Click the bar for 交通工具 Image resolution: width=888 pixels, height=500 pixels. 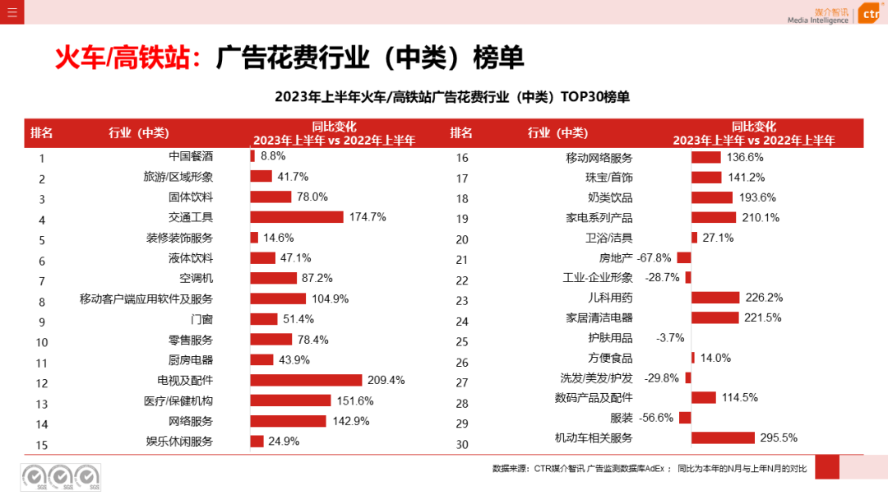point(296,217)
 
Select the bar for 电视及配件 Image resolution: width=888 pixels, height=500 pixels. point(306,380)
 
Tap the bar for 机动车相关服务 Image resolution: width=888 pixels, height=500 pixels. point(723,437)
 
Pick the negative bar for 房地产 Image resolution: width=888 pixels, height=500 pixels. point(684,257)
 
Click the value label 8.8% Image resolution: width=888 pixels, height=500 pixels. point(273,155)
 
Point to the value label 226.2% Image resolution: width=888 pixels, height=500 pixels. point(764,298)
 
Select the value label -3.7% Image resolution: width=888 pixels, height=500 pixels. point(670,338)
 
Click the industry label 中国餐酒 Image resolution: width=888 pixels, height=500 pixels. point(191,155)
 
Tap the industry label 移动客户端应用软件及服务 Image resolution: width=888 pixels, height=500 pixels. point(146,299)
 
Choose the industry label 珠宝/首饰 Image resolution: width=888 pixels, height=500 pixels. point(609,178)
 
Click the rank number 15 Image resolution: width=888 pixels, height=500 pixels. point(42,445)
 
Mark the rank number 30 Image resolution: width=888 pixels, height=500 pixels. point(462,445)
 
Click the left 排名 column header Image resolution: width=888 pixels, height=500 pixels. point(42,133)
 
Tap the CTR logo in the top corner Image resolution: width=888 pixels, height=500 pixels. point(870,14)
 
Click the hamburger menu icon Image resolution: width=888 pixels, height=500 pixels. point(12,12)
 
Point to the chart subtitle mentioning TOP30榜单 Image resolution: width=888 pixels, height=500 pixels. point(452,97)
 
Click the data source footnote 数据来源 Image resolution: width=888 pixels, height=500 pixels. point(650,469)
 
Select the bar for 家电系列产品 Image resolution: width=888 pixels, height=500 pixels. point(714,217)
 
